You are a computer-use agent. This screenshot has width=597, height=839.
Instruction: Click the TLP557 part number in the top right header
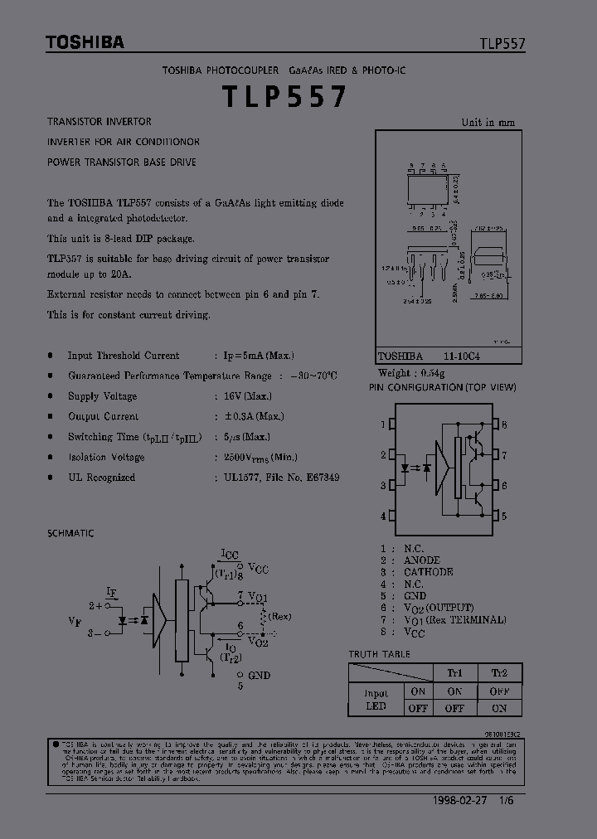click(501, 45)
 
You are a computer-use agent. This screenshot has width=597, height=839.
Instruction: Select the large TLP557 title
click(284, 98)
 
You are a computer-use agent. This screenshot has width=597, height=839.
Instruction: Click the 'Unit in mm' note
click(488, 123)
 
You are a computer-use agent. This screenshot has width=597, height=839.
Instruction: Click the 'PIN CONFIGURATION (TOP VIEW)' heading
click(443, 387)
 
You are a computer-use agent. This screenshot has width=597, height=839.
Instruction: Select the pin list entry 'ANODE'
click(421, 560)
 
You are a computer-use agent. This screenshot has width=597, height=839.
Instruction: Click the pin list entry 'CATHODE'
click(428, 572)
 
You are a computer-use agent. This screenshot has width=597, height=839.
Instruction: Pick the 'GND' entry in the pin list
click(415, 595)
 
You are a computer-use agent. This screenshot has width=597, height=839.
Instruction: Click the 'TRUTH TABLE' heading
click(379, 654)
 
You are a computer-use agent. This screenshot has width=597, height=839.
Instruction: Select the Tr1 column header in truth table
click(454, 673)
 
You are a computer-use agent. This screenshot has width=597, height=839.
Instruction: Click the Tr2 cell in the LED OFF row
click(499, 708)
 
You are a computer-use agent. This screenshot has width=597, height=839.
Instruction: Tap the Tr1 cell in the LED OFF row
click(454, 708)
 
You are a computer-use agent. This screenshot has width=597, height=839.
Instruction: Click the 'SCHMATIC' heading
click(71, 534)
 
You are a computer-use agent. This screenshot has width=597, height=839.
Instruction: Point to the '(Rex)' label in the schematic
click(280, 616)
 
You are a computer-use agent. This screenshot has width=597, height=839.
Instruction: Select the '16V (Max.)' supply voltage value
click(247, 396)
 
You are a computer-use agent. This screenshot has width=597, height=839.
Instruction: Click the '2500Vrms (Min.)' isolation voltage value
click(260, 457)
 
